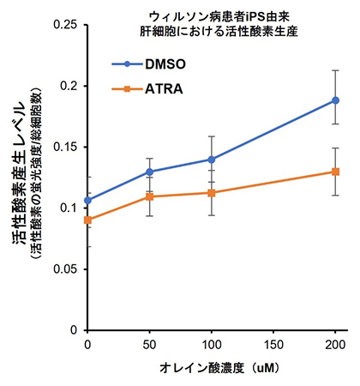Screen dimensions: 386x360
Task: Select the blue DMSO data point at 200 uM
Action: (335, 100)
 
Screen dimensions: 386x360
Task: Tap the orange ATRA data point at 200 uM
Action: (335, 172)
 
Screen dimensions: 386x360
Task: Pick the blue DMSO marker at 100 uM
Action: (212, 160)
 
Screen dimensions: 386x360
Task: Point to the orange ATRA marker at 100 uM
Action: (212, 193)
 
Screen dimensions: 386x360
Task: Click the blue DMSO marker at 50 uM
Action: (150, 172)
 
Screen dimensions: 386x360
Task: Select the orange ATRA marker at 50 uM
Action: (150, 197)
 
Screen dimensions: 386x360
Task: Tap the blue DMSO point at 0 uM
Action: (87, 201)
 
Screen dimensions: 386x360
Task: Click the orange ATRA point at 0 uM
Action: (87, 220)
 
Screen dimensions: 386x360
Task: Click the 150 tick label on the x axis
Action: (273, 344)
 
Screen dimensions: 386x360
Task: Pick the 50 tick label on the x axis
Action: (150, 344)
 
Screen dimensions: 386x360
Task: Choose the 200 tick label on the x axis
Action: (335, 344)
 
